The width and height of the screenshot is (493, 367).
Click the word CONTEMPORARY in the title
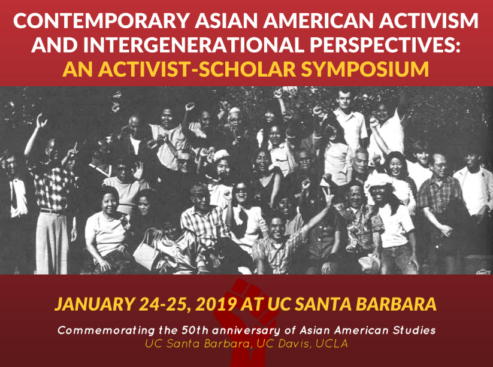point(101,21)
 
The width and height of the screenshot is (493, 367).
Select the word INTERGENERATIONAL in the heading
point(193,45)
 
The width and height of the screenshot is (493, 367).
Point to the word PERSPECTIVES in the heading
point(385,45)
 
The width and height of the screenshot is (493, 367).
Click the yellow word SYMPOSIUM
point(365,69)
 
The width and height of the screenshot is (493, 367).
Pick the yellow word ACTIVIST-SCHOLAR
point(197,69)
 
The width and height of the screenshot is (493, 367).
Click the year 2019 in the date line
point(216,304)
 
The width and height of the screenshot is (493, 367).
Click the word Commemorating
point(106,330)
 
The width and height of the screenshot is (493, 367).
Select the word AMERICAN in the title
point(318,21)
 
